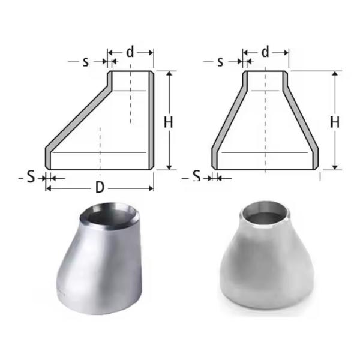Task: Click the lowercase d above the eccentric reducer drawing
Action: coord(130,53)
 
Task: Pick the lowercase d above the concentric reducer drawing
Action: coord(266,53)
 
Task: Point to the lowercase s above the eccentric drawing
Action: coord(86,61)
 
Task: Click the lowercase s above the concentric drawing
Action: coord(220,61)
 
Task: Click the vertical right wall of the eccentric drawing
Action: coord(151,120)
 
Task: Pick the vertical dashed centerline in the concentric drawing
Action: coord(265,120)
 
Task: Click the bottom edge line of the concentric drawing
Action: coord(265,169)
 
